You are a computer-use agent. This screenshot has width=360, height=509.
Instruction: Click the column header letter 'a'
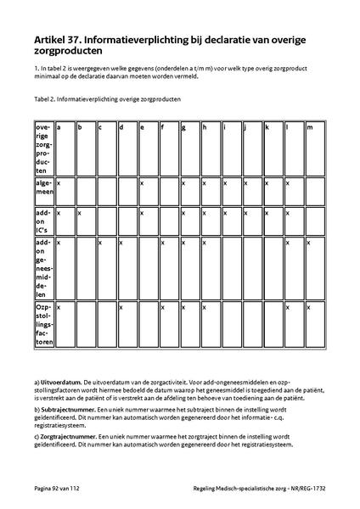click(x=59, y=127)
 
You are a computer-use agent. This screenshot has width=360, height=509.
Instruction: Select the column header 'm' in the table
click(x=309, y=127)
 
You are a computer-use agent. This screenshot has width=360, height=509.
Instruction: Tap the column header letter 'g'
click(x=183, y=127)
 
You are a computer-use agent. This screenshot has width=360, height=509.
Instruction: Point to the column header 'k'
click(x=267, y=127)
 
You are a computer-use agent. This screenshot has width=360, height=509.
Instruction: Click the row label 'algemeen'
click(x=43, y=187)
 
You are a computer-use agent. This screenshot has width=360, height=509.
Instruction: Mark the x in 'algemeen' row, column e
click(x=142, y=182)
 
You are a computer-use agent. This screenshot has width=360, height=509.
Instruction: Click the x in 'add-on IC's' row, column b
click(x=79, y=212)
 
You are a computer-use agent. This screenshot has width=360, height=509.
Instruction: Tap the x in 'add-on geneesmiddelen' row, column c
click(x=100, y=242)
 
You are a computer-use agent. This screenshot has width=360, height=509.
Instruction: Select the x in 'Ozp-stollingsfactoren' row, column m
click(x=309, y=306)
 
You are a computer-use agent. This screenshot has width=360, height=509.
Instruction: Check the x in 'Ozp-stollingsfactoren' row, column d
click(x=121, y=306)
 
